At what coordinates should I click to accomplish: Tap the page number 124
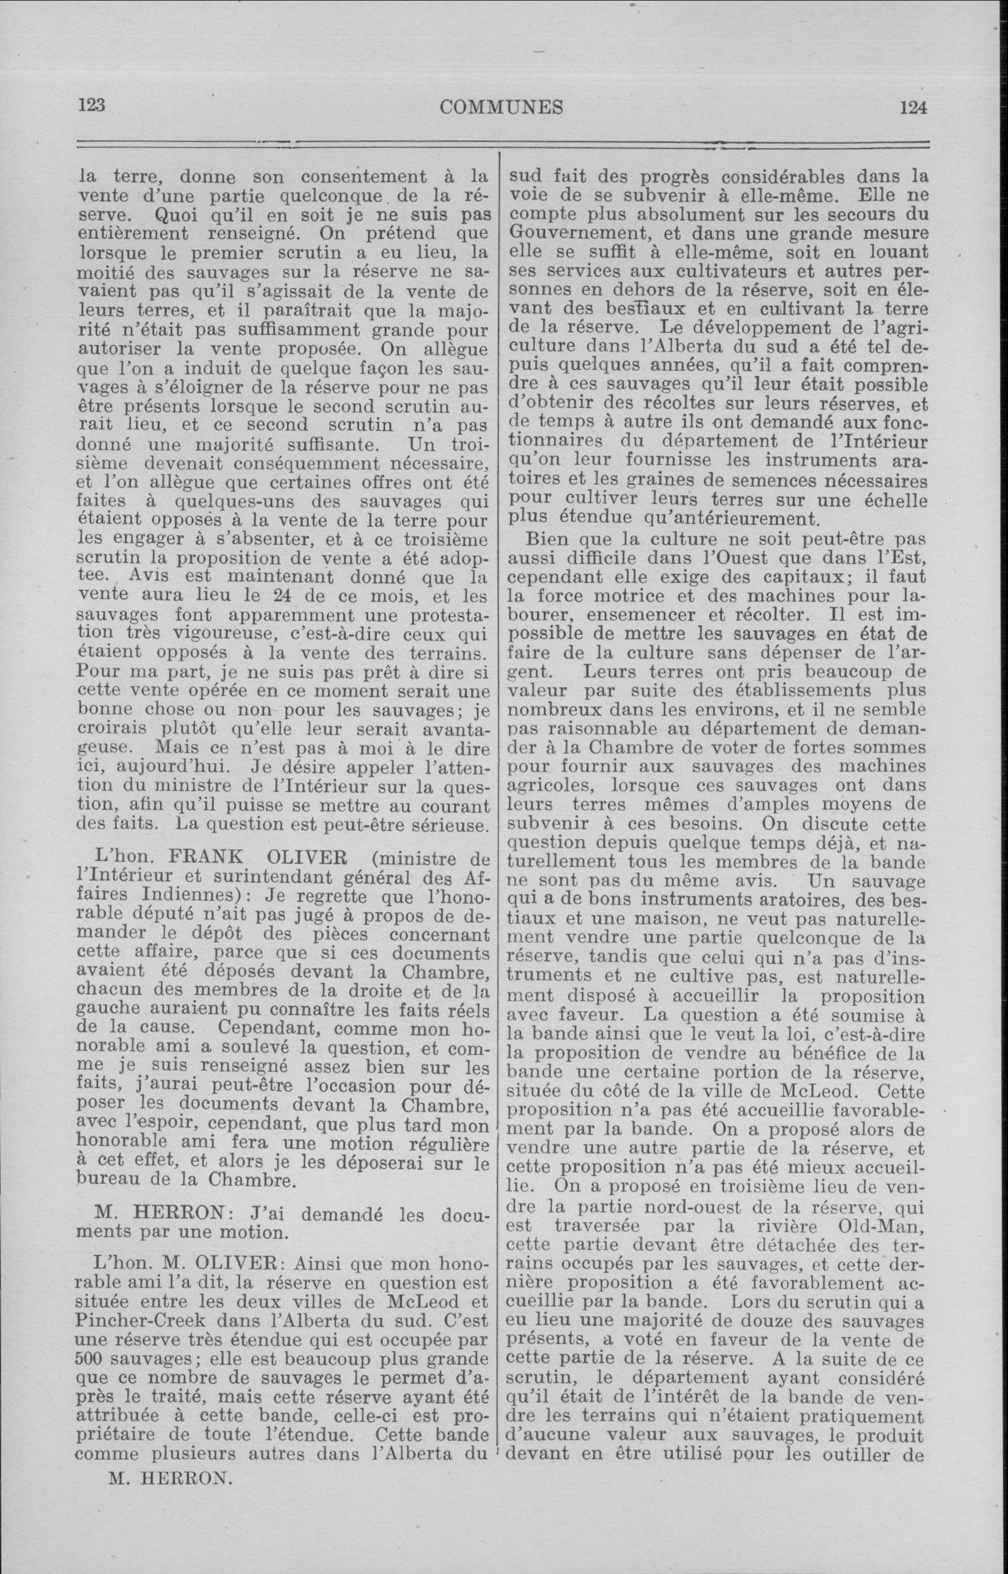coord(913,107)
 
